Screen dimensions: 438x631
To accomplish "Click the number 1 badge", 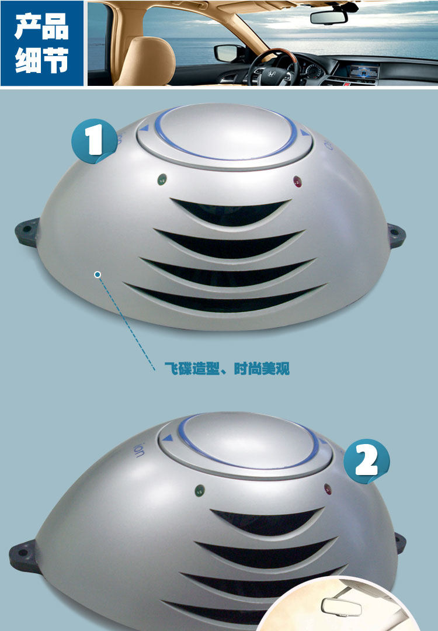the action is (x=95, y=141).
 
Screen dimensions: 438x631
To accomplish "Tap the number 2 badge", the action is (x=366, y=461).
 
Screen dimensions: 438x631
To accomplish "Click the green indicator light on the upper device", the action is (x=162, y=179).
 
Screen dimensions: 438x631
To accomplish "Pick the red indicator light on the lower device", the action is (x=328, y=489).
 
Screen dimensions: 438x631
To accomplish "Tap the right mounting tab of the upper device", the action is (x=396, y=235).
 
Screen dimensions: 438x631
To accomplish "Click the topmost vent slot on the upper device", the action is (x=231, y=212).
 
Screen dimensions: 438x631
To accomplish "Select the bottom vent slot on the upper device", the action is (x=225, y=299).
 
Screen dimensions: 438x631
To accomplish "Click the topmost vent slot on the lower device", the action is (x=268, y=521).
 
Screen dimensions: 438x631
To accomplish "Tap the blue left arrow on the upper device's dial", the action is (x=144, y=129).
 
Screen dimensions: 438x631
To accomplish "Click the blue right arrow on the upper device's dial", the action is (x=305, y=133).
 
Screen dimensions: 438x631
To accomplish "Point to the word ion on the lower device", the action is (x=138, y=450).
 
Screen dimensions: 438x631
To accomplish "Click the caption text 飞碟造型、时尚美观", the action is (x=227, y=368).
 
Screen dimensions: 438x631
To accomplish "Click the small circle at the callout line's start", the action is (x=98, y=275).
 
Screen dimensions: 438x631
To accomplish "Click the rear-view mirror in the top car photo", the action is (x=329, y=18).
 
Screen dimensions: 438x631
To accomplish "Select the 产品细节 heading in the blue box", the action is (x=42, y=43).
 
